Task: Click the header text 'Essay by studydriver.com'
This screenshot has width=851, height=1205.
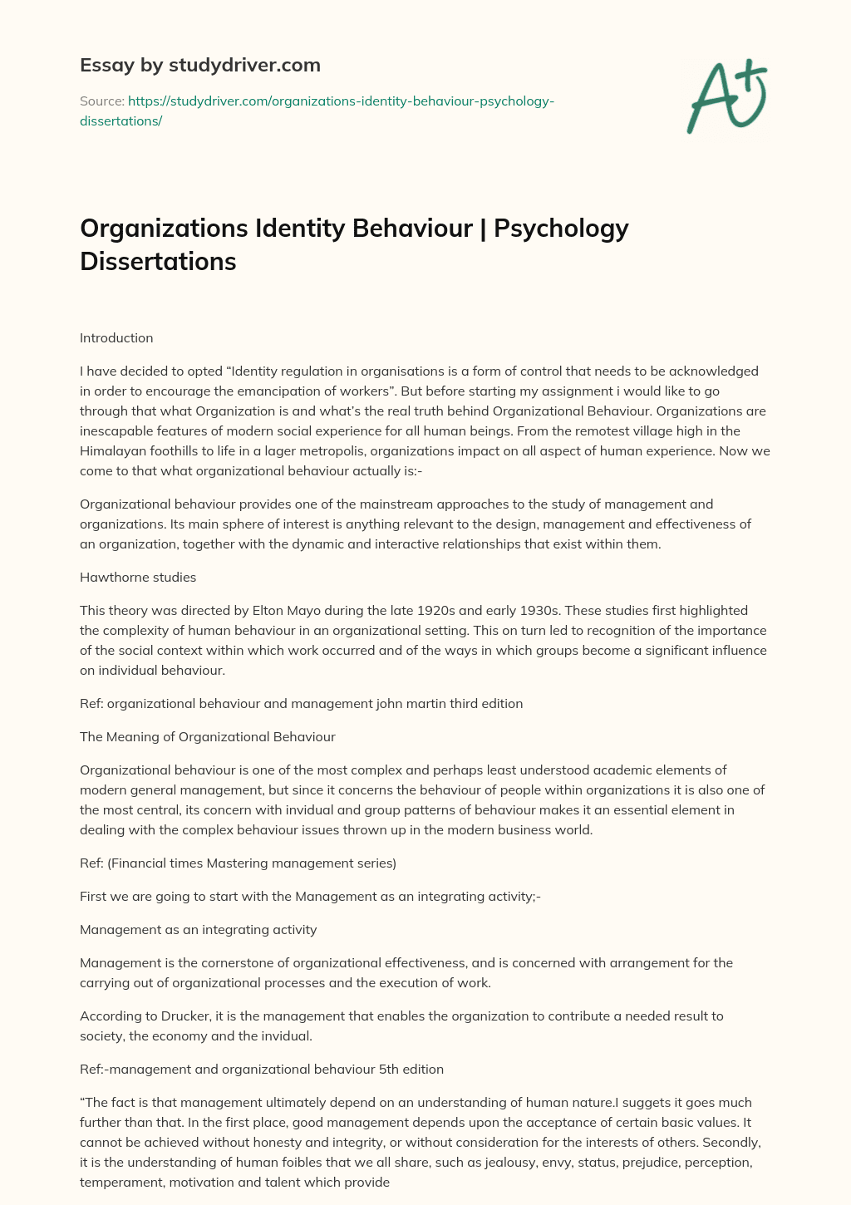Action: [x=199, y=65]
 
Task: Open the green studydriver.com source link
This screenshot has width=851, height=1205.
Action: [x=341, y=101]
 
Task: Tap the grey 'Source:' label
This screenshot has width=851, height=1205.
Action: [x=101, y=101]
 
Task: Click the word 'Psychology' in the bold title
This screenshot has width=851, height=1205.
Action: [x=561, y=228]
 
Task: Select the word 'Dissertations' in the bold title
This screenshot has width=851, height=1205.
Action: [x=158, y=261]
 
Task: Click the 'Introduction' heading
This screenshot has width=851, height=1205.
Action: [x=116, y=338]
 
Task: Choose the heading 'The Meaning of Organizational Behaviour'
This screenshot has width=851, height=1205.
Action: [x=208, y=736]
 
